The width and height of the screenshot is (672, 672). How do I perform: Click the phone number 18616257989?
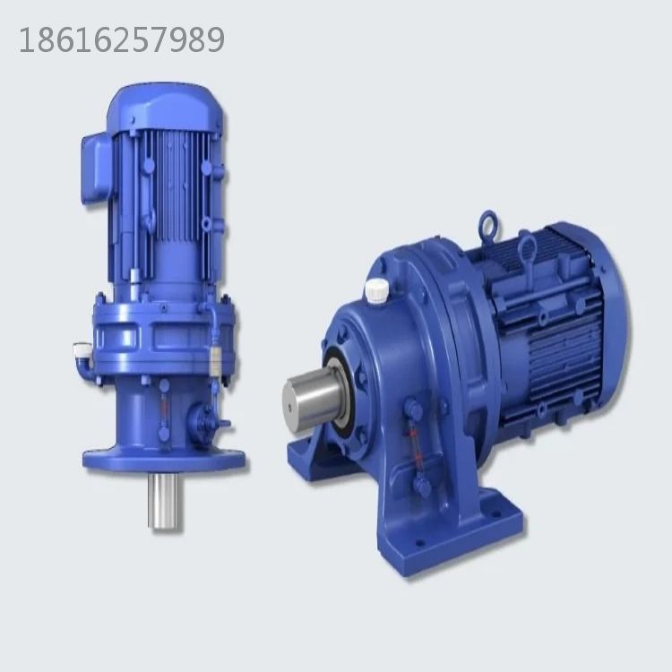click(x=122, y=40)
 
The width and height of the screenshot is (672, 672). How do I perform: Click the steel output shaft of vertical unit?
click(x=165, y=502)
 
